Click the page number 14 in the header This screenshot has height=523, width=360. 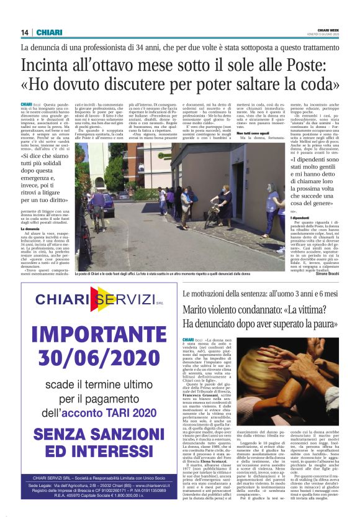(x=24, y=32)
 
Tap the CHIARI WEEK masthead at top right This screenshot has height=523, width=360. (x=327, y=30)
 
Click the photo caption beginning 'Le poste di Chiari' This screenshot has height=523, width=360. (x=180, y=274)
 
